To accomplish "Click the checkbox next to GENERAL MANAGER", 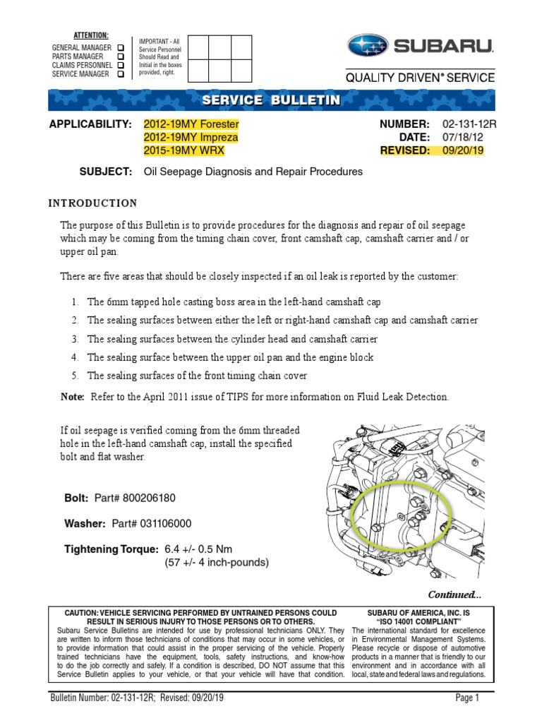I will click(121, 47).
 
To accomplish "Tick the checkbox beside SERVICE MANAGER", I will click(121, 73).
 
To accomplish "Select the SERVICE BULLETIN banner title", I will click(271, 100).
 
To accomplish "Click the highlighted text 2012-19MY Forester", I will click(191, 124).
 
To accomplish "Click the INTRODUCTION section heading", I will click(92, 203).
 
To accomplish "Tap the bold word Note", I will click(73, 398).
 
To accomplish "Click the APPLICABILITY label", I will click(90, 124).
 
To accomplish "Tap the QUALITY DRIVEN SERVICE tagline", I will click(420, 78).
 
